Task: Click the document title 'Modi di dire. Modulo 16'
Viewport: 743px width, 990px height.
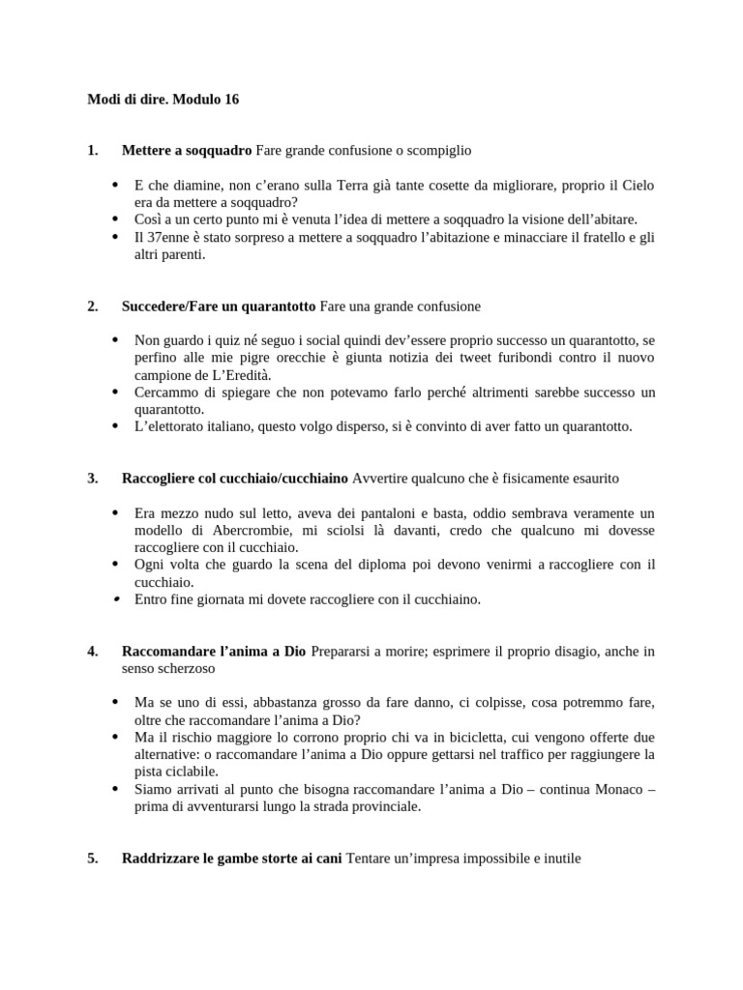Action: (x=163, y=100)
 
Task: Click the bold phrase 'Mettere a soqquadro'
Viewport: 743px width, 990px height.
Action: (x=187, y=150)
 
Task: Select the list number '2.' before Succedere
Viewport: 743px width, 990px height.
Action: (x=93, y=306)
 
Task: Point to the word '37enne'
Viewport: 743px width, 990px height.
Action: (x=166, y=238)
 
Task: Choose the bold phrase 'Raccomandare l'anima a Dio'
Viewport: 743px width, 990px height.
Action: (x=214, y=651)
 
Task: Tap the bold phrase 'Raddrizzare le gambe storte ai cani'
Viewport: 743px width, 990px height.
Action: (x=232, y=858)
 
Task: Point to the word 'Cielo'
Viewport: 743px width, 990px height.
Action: (x=637, y=184)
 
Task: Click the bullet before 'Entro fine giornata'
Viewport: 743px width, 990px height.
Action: (x=115, y=599)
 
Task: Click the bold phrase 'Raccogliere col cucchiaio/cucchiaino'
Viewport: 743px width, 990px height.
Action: (x=235, y=479)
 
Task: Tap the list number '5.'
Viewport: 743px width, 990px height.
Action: (x=93, y=858)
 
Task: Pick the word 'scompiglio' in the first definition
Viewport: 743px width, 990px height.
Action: (x=439, y=150)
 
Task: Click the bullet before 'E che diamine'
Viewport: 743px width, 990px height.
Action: (x=115, y=184)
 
